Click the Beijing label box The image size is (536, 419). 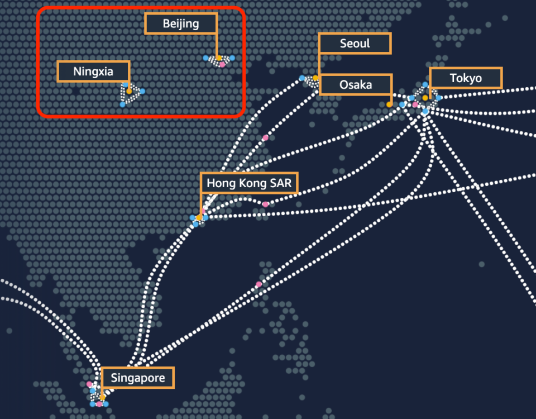[181, 23]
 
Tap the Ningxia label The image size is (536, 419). [93, 72]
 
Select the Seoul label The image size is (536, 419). [355, 44]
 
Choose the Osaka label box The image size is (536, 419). [356, 84]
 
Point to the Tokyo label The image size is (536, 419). [466, 78]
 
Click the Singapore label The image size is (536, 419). [138, 378]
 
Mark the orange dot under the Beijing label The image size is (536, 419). [219, 58]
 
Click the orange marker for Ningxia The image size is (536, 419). [129, 91]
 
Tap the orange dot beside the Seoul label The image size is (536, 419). [315, 78]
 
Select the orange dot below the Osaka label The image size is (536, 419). [389, 104]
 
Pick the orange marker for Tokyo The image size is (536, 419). [425, 98]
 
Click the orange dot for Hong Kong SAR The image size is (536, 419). [199, 217]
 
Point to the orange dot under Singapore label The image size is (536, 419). [102, 398]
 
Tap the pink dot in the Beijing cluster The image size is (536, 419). [222, 64]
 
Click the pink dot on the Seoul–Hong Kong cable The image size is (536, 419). [265, 138]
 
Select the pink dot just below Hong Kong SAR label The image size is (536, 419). [265, 204]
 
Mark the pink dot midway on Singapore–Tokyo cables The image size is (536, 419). [259, 284]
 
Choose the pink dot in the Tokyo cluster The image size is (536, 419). [415, 104]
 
